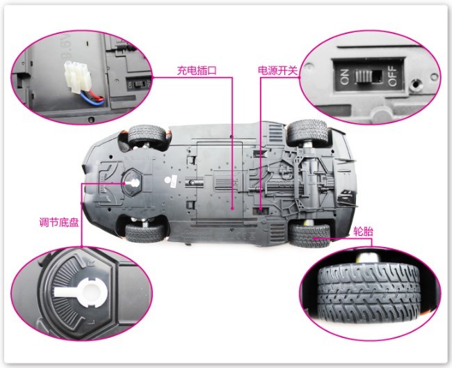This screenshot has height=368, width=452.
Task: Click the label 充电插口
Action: coord(197,70)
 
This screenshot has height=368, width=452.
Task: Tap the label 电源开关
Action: coord(277,71)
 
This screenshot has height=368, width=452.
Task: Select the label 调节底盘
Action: coord(59,223)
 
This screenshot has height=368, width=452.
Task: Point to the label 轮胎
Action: coord(363,231)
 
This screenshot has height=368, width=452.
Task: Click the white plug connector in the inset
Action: coord(76,75)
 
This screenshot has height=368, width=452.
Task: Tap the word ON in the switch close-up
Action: coord(344,77)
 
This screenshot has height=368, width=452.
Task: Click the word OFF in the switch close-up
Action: coord(392,77)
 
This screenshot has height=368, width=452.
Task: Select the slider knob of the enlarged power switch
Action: coord(364,76)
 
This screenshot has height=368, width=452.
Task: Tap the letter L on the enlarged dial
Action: coord(90,321)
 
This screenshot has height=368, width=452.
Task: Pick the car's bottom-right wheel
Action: coord(309,234)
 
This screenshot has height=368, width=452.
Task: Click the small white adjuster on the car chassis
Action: coord(131,183)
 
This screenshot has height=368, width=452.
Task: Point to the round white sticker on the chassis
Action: coord(168,180)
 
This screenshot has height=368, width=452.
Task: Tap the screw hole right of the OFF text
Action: coord(415,84)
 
